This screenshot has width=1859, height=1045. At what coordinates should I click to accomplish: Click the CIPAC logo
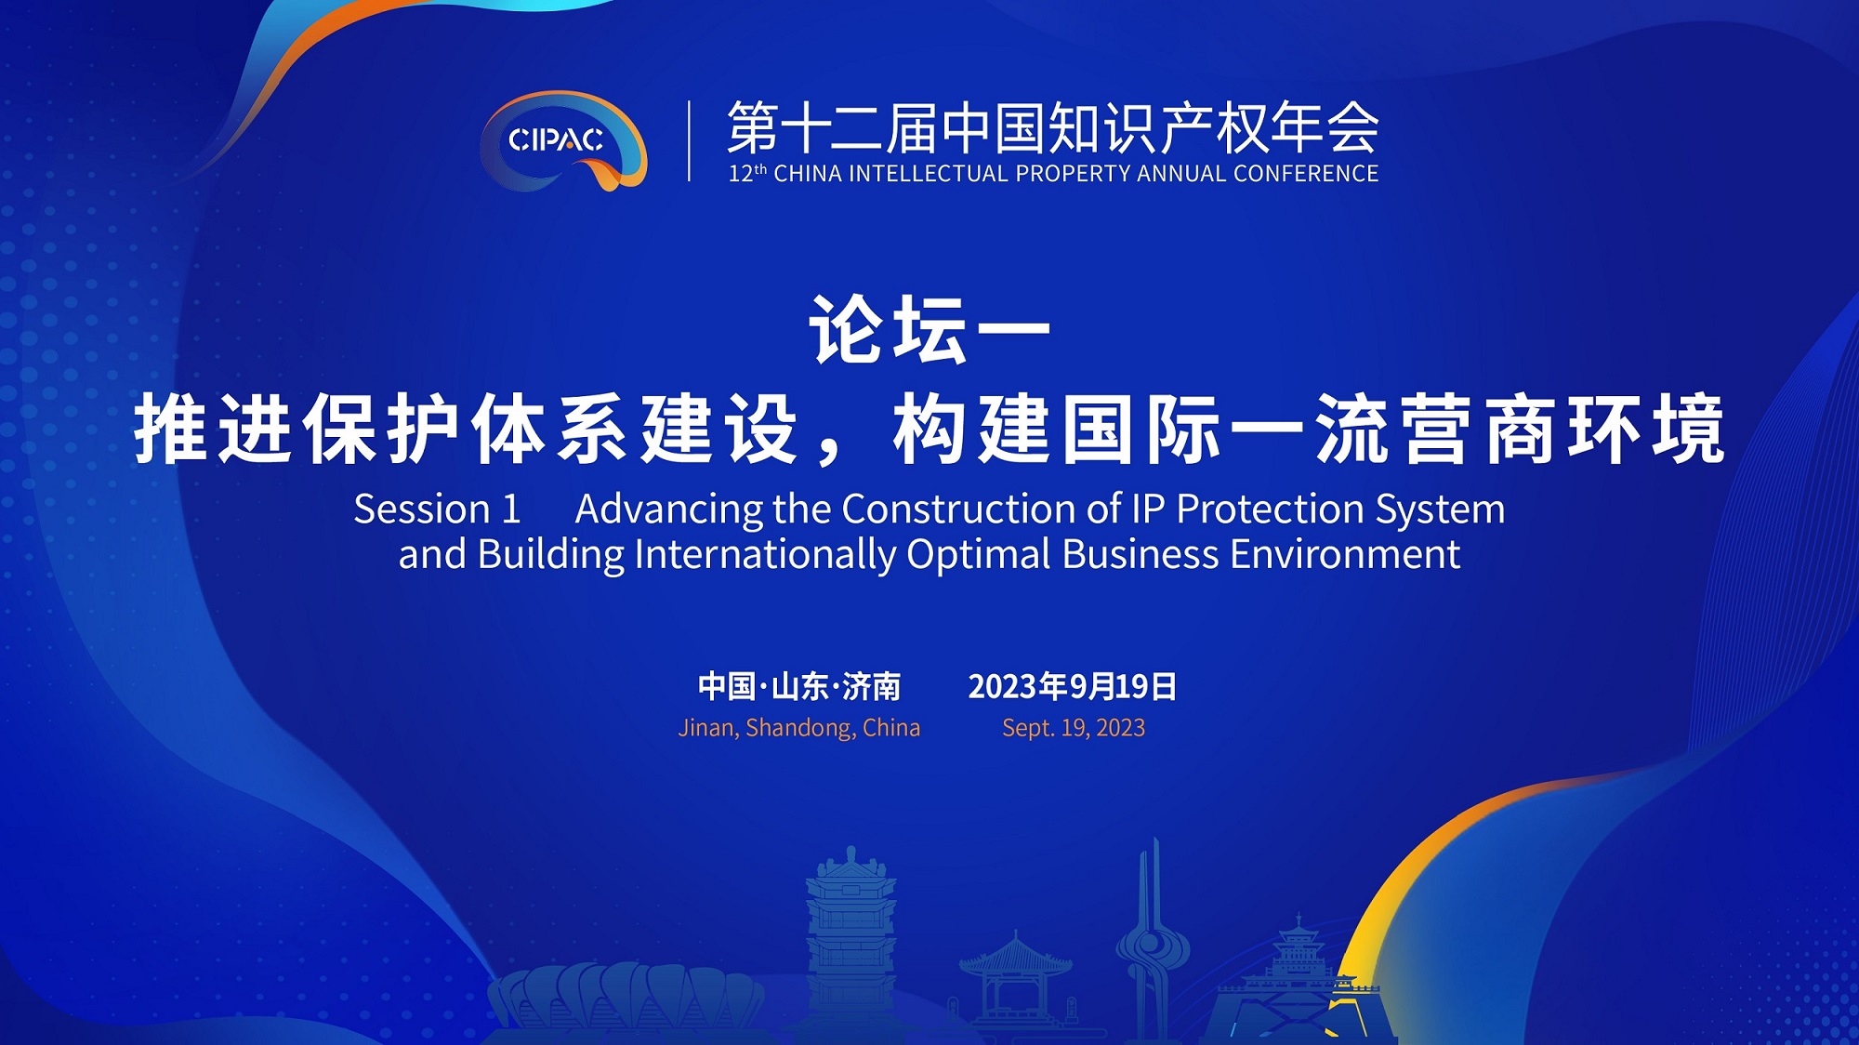563,140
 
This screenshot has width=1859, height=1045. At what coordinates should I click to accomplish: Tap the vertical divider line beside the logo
689,140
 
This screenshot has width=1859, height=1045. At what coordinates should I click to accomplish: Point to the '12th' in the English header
747,173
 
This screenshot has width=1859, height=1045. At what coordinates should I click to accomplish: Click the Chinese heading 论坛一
929,330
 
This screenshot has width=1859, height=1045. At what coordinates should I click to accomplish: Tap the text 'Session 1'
437,509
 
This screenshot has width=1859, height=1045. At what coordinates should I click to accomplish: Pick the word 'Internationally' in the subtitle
765,554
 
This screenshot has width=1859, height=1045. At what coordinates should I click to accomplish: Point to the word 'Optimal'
979,555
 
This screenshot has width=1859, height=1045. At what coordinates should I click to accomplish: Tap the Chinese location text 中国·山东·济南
799,686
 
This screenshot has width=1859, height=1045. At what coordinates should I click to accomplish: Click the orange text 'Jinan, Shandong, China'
799,727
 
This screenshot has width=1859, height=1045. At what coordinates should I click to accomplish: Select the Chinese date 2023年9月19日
1073,686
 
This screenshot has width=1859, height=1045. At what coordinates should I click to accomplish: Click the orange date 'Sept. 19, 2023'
1074,727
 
